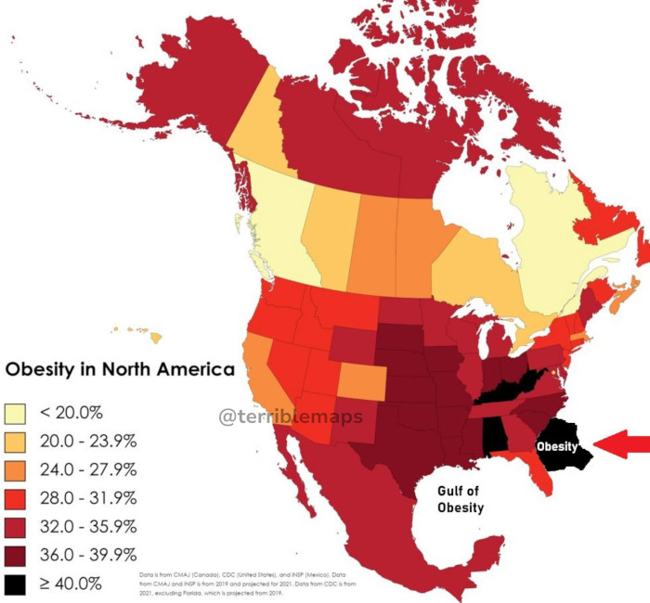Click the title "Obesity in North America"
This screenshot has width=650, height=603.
pyautogui.click(x=120, y=369)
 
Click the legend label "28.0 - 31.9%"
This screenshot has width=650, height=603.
pyautogui.click(x=88, y=497)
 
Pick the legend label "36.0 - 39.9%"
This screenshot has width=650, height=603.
pyautogui.click(x=88, y=555)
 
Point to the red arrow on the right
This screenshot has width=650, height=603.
pyautogui.click(x=621, y=446)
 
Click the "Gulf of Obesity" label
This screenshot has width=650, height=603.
pyautogui.click(x=461, y=499)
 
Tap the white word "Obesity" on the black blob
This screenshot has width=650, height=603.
pyautogui.click(x=556, y=446)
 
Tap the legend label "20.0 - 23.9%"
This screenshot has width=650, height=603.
pyautogui.click(x=88, y=440)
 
